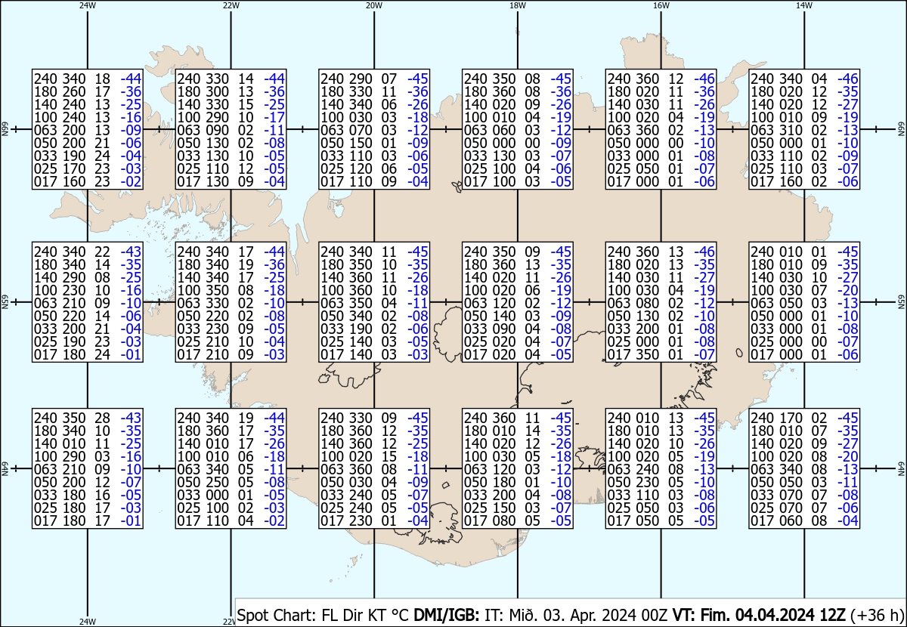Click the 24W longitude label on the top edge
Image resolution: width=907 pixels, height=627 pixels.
coord(88,5)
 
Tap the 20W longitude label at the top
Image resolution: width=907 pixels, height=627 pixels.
coord(373,5)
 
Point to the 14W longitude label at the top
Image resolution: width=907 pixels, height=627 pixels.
coord(804,5)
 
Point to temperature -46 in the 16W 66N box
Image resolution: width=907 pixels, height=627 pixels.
coord(704,79)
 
